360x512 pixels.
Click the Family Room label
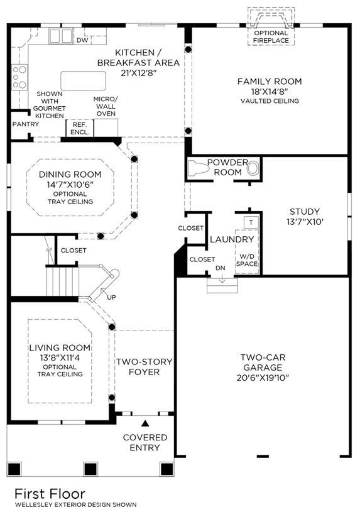click(270, 81)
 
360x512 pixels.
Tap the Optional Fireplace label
click(271, 36)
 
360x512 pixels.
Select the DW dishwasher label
click(82, 40)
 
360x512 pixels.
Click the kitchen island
click(84, 80)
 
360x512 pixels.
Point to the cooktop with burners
click(19, 77)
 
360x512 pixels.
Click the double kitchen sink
click(61, 36)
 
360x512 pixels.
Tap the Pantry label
click(26, 124)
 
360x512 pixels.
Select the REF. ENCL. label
click(80, 128)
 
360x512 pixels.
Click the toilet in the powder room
click(199, 168)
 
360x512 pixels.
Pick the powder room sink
click(252, 169)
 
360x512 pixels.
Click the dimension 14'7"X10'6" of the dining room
click(70, 185)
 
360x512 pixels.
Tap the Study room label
click(305, 211)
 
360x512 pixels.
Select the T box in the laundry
click(251, 222)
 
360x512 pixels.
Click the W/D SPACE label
click(247, 260)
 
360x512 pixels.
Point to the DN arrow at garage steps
click(222, 278)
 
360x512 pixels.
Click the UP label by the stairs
click(111, 298)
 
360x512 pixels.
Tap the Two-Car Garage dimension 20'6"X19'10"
click(263, 378)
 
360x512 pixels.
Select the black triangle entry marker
click(145, 423)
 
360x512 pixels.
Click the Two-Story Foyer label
click(144, 367)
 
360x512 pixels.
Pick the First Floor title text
click(50, 493)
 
